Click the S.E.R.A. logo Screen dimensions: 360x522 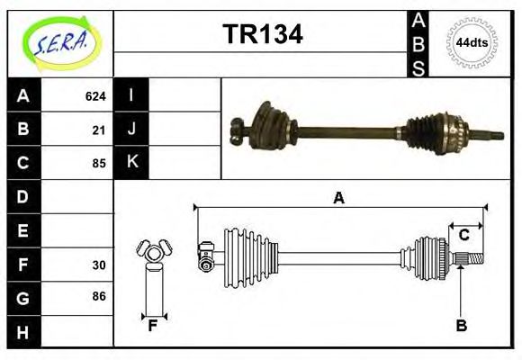tap(58, 42)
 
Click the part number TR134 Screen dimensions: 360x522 tap(262, 34)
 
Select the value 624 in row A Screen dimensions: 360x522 tap(95, 96)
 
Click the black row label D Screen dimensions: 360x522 tap(23, 196)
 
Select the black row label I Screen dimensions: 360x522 tap(132, 95)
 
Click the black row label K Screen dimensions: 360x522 tap(132, 162)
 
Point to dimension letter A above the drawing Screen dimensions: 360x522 tap(338, 198)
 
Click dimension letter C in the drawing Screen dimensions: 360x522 tap(463, 236)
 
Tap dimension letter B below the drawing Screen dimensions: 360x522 tap(461, 326)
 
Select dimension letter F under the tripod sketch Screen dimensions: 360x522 tap(153, 326)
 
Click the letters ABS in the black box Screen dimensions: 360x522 tap(418, 43)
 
